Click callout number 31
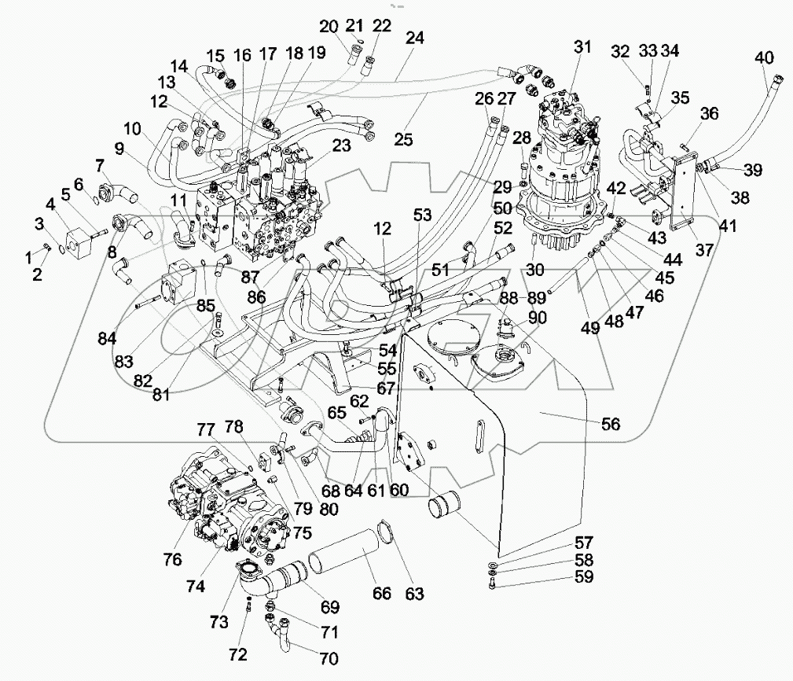point(582,46)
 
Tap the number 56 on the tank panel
point(611,425)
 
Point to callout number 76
point(172,559)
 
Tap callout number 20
point(327,27)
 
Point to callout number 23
point(340,145)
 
